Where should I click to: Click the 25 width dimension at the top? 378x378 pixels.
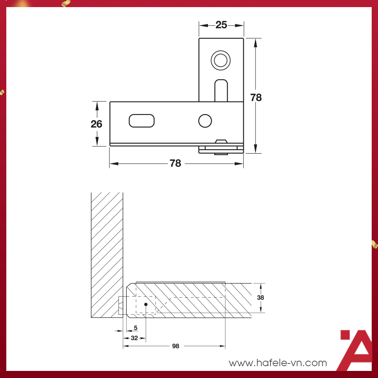[221, 25]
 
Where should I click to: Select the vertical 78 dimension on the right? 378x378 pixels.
[256, 97]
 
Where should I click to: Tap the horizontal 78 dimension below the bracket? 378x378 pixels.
[176, 163]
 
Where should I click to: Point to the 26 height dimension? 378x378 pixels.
[96, 124]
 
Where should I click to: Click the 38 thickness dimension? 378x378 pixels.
[260, 298]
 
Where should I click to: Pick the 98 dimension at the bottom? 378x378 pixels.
[176, 346]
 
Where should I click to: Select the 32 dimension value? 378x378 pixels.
[134, 338]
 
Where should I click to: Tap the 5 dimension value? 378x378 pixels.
[136, 328]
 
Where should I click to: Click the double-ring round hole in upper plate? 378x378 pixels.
[220, 60]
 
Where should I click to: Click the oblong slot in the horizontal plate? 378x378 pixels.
[141, 120]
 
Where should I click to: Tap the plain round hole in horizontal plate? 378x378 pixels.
[205, 120]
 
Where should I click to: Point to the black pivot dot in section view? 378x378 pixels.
[146, 304]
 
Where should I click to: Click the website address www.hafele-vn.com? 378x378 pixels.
[278, 363]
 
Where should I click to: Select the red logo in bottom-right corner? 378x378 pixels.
[355, 350]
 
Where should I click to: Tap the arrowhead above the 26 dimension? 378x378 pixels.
[97, 104]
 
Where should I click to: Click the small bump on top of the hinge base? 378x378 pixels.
[221, 141]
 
